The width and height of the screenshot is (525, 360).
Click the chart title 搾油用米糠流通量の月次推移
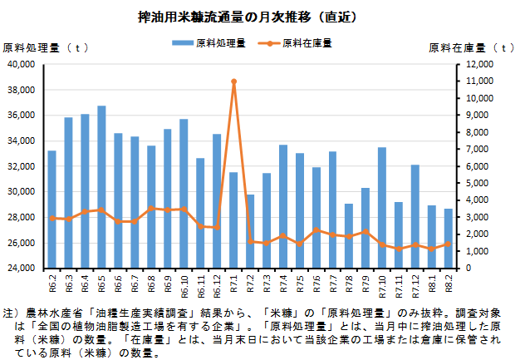tap(247, 16)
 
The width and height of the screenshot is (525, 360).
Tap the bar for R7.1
tap(233, 220)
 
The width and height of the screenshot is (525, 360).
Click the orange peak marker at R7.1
tap(233, 81)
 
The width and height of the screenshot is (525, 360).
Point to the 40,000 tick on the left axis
tap(20, 64)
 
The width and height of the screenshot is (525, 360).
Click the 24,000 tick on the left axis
tap(20, 269)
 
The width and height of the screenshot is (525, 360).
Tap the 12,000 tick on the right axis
tap(480, 64)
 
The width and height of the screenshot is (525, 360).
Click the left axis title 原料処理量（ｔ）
tap(46, 47)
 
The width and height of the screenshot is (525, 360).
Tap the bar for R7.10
tap(382, 208)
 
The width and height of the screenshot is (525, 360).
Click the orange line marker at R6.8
tap(151, 209)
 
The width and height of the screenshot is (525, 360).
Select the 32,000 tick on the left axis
tap(20, 166)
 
